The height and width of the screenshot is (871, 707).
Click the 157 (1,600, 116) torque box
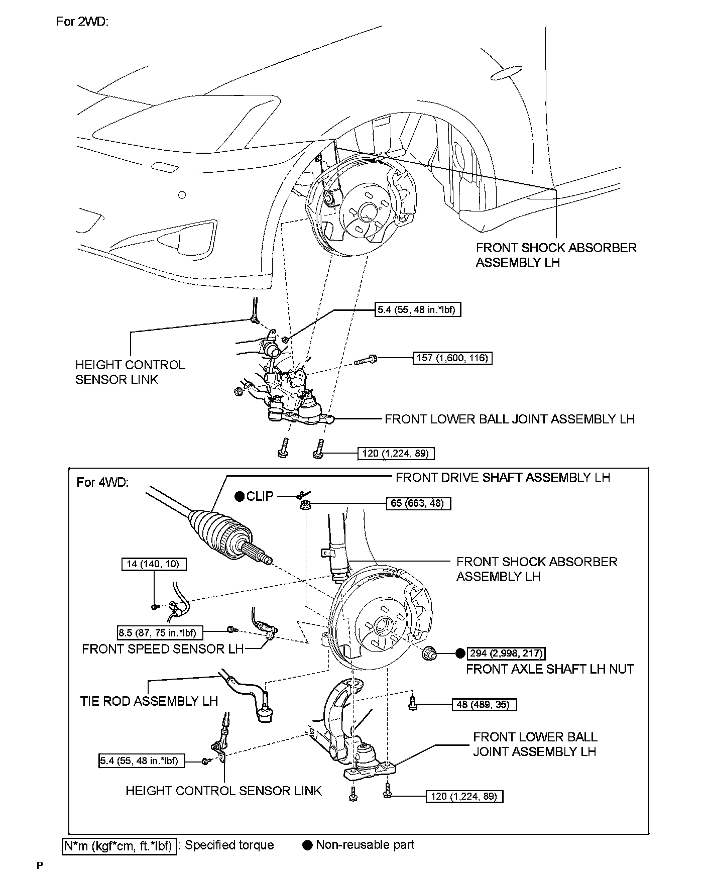(452, 358)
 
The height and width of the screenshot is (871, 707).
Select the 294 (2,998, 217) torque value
(506, 653)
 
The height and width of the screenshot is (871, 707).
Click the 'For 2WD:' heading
(82, 22)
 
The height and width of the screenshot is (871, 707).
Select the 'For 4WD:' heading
(103, 482)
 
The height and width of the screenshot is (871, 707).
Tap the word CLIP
(260, 496)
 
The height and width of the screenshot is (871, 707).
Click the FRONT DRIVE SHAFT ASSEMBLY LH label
(503, 477)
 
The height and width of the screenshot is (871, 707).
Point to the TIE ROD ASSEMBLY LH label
(149, 701)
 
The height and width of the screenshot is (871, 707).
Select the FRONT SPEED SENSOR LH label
(163, 649)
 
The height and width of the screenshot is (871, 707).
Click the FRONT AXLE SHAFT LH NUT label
(550, 669)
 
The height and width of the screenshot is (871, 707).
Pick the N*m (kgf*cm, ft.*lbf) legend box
(119, 846)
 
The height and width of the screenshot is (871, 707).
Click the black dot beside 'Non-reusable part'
(307, 845)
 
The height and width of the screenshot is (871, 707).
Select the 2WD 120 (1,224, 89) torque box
(396, 454)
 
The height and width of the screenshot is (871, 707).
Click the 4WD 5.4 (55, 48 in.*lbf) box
(142, 761)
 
